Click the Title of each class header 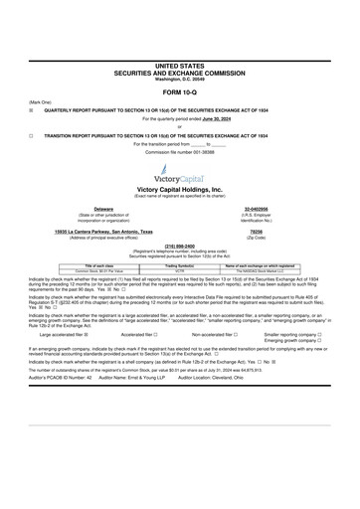[x=75, y=265]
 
